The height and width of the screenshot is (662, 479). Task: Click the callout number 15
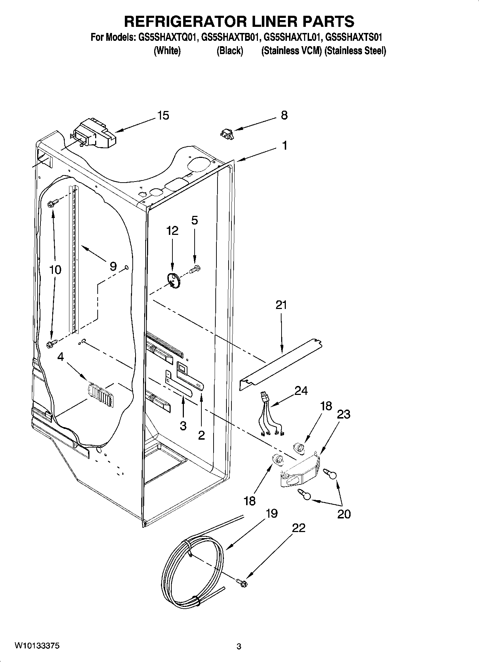click(x=163, y=116)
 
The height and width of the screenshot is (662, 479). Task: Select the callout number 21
click(x=281, y=305)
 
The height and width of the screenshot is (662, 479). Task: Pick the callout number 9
click(x=113, y=266)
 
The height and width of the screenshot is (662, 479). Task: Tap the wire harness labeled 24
click(x=270, y=415)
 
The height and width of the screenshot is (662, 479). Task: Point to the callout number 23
click(x=343, y=414)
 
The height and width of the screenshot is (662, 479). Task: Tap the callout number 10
click(x=55, y=270)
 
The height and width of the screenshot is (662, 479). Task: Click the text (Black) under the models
click(x=230, y=51)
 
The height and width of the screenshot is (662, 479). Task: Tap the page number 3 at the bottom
click(x=239, y=647)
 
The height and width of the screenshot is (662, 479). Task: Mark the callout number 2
click(x=201, y=435)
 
